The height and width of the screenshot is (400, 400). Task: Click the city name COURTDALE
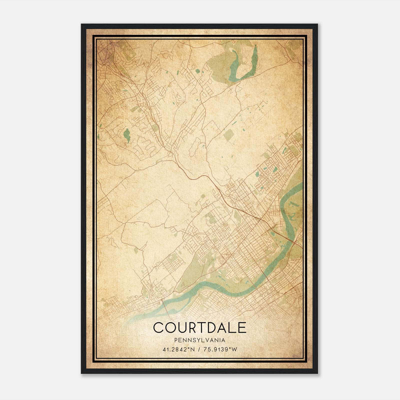[200, 327]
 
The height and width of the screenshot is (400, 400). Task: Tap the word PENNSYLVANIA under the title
[200, 340]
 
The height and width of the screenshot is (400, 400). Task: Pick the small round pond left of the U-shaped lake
[198, 71]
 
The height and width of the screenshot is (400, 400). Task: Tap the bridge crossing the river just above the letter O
[165, 305]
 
